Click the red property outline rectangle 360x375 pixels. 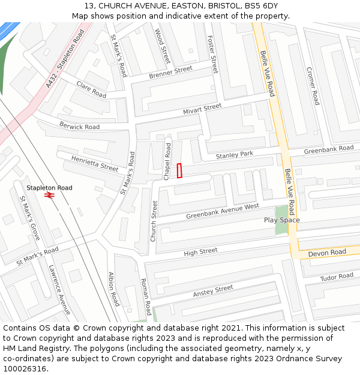click(x=179, y=170)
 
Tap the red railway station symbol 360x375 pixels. click(x=49, y=195)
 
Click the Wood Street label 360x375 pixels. click(x=163, y=46)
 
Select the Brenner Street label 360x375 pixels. click(x=171, y=73)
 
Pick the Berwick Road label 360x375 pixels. click(x=79, y=126)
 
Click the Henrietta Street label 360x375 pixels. click(x=95, y=163)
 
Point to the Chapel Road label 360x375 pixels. click(x=167, y=161)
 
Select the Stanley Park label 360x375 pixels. click(x=235, y=155)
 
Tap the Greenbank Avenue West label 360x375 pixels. click(x=222, y=211)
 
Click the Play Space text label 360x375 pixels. click(x=281, y=220)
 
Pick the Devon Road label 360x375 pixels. click(x=327, y=253)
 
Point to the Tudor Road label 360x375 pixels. click(x=337, y=277)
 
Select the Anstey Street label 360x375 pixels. click(x=213, y=291)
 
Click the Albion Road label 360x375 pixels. click(x=114, y=289)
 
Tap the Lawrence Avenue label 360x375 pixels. click(x=60, y=290)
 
